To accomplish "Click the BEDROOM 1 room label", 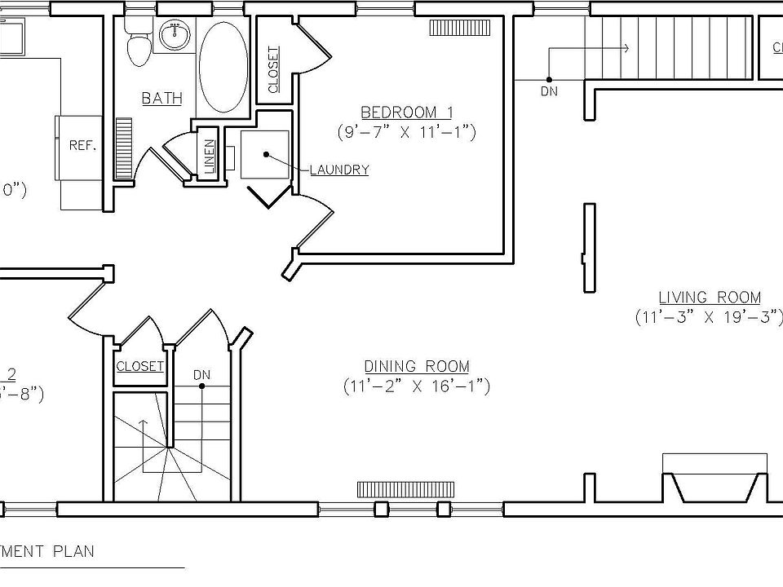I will pos(406,112).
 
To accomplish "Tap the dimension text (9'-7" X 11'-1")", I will pos(406,130).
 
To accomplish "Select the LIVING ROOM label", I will pos(709,298).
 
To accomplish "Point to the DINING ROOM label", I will pos(416,367).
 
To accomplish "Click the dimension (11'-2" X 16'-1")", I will pos(416,386).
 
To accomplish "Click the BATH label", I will pos(161,99).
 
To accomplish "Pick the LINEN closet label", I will pos(209,156).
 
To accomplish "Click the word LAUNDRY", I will pos(339,170).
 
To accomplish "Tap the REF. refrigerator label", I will pos(82,146).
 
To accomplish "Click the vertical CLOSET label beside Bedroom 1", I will pos(273,68).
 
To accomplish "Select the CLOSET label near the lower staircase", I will pos(139,367).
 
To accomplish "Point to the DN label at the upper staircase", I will pos(549,91).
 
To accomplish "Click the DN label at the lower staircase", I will pos(201,375).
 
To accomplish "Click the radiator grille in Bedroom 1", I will pos(459,29).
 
